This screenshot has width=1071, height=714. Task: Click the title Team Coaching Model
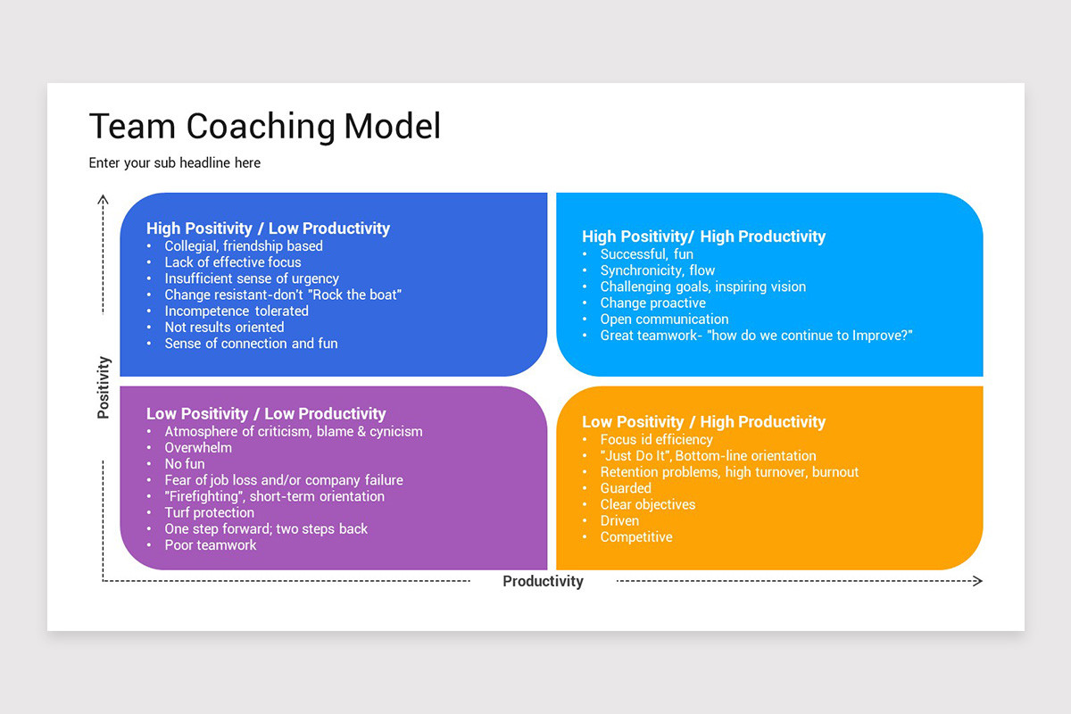point(265,127)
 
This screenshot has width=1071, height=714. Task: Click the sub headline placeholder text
point(175,163)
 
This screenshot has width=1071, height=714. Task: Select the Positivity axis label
point(104,387)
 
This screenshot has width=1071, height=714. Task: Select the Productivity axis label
point(543,582)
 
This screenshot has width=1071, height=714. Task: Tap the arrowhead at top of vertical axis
point(104,198)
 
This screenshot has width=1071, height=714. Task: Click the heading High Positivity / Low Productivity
point(268,228)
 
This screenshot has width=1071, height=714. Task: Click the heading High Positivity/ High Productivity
point(703,237)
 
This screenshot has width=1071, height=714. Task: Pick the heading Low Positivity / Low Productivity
point(266,414)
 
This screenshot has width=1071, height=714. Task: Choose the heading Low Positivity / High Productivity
point(703,422)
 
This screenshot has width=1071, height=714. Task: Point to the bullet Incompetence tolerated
point(237,311)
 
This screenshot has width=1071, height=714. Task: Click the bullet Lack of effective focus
point(233,262)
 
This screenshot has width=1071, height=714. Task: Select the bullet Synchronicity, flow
point(658,270)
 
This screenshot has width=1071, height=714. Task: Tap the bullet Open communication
point(664,320)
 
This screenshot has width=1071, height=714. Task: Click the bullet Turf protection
point(210,513)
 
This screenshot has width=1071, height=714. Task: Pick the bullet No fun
point(185,464)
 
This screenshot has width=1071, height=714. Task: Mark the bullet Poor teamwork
point(211,545)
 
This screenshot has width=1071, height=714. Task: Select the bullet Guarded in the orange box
point(626,488)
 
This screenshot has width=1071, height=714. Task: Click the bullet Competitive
point(636,537)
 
